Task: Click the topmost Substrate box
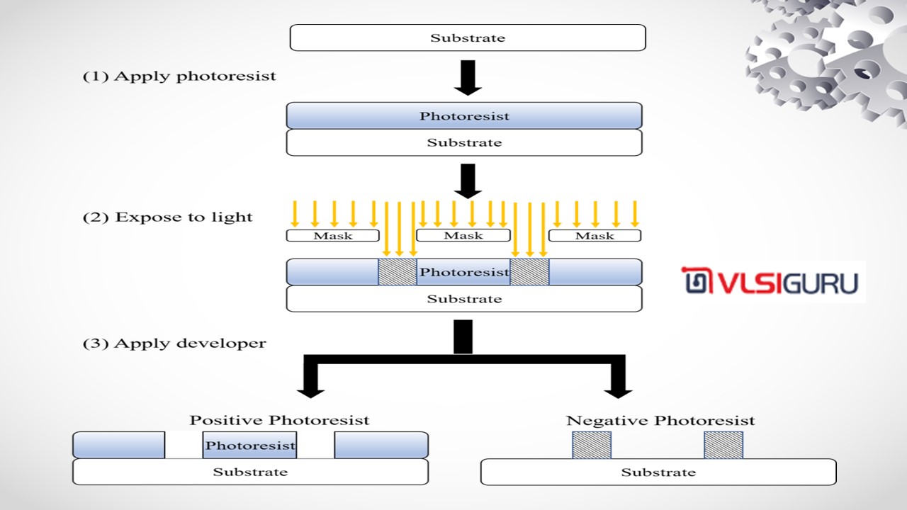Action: pos(468,38)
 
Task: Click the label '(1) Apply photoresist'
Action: pos(179,76)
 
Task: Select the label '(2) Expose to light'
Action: pos(167,217)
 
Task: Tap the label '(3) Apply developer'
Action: pos(174,344)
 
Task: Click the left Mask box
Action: pos(332,235)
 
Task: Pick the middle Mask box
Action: pos(463,235)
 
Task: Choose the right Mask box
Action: pos(595,235)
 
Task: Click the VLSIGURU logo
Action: pos(772,281)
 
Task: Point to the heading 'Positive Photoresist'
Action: pos(279,420)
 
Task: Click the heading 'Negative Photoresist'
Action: pos(660,421)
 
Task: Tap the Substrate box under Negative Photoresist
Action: pos(658,472)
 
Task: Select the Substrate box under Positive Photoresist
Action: pos(250,472)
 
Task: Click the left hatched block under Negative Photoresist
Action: pos(592,445)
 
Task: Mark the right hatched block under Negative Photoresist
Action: pos(723,445)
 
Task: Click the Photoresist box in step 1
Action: pos(464,115)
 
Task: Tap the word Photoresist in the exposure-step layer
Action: pos(464,272)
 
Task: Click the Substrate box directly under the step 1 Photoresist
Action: pos(464,142)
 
